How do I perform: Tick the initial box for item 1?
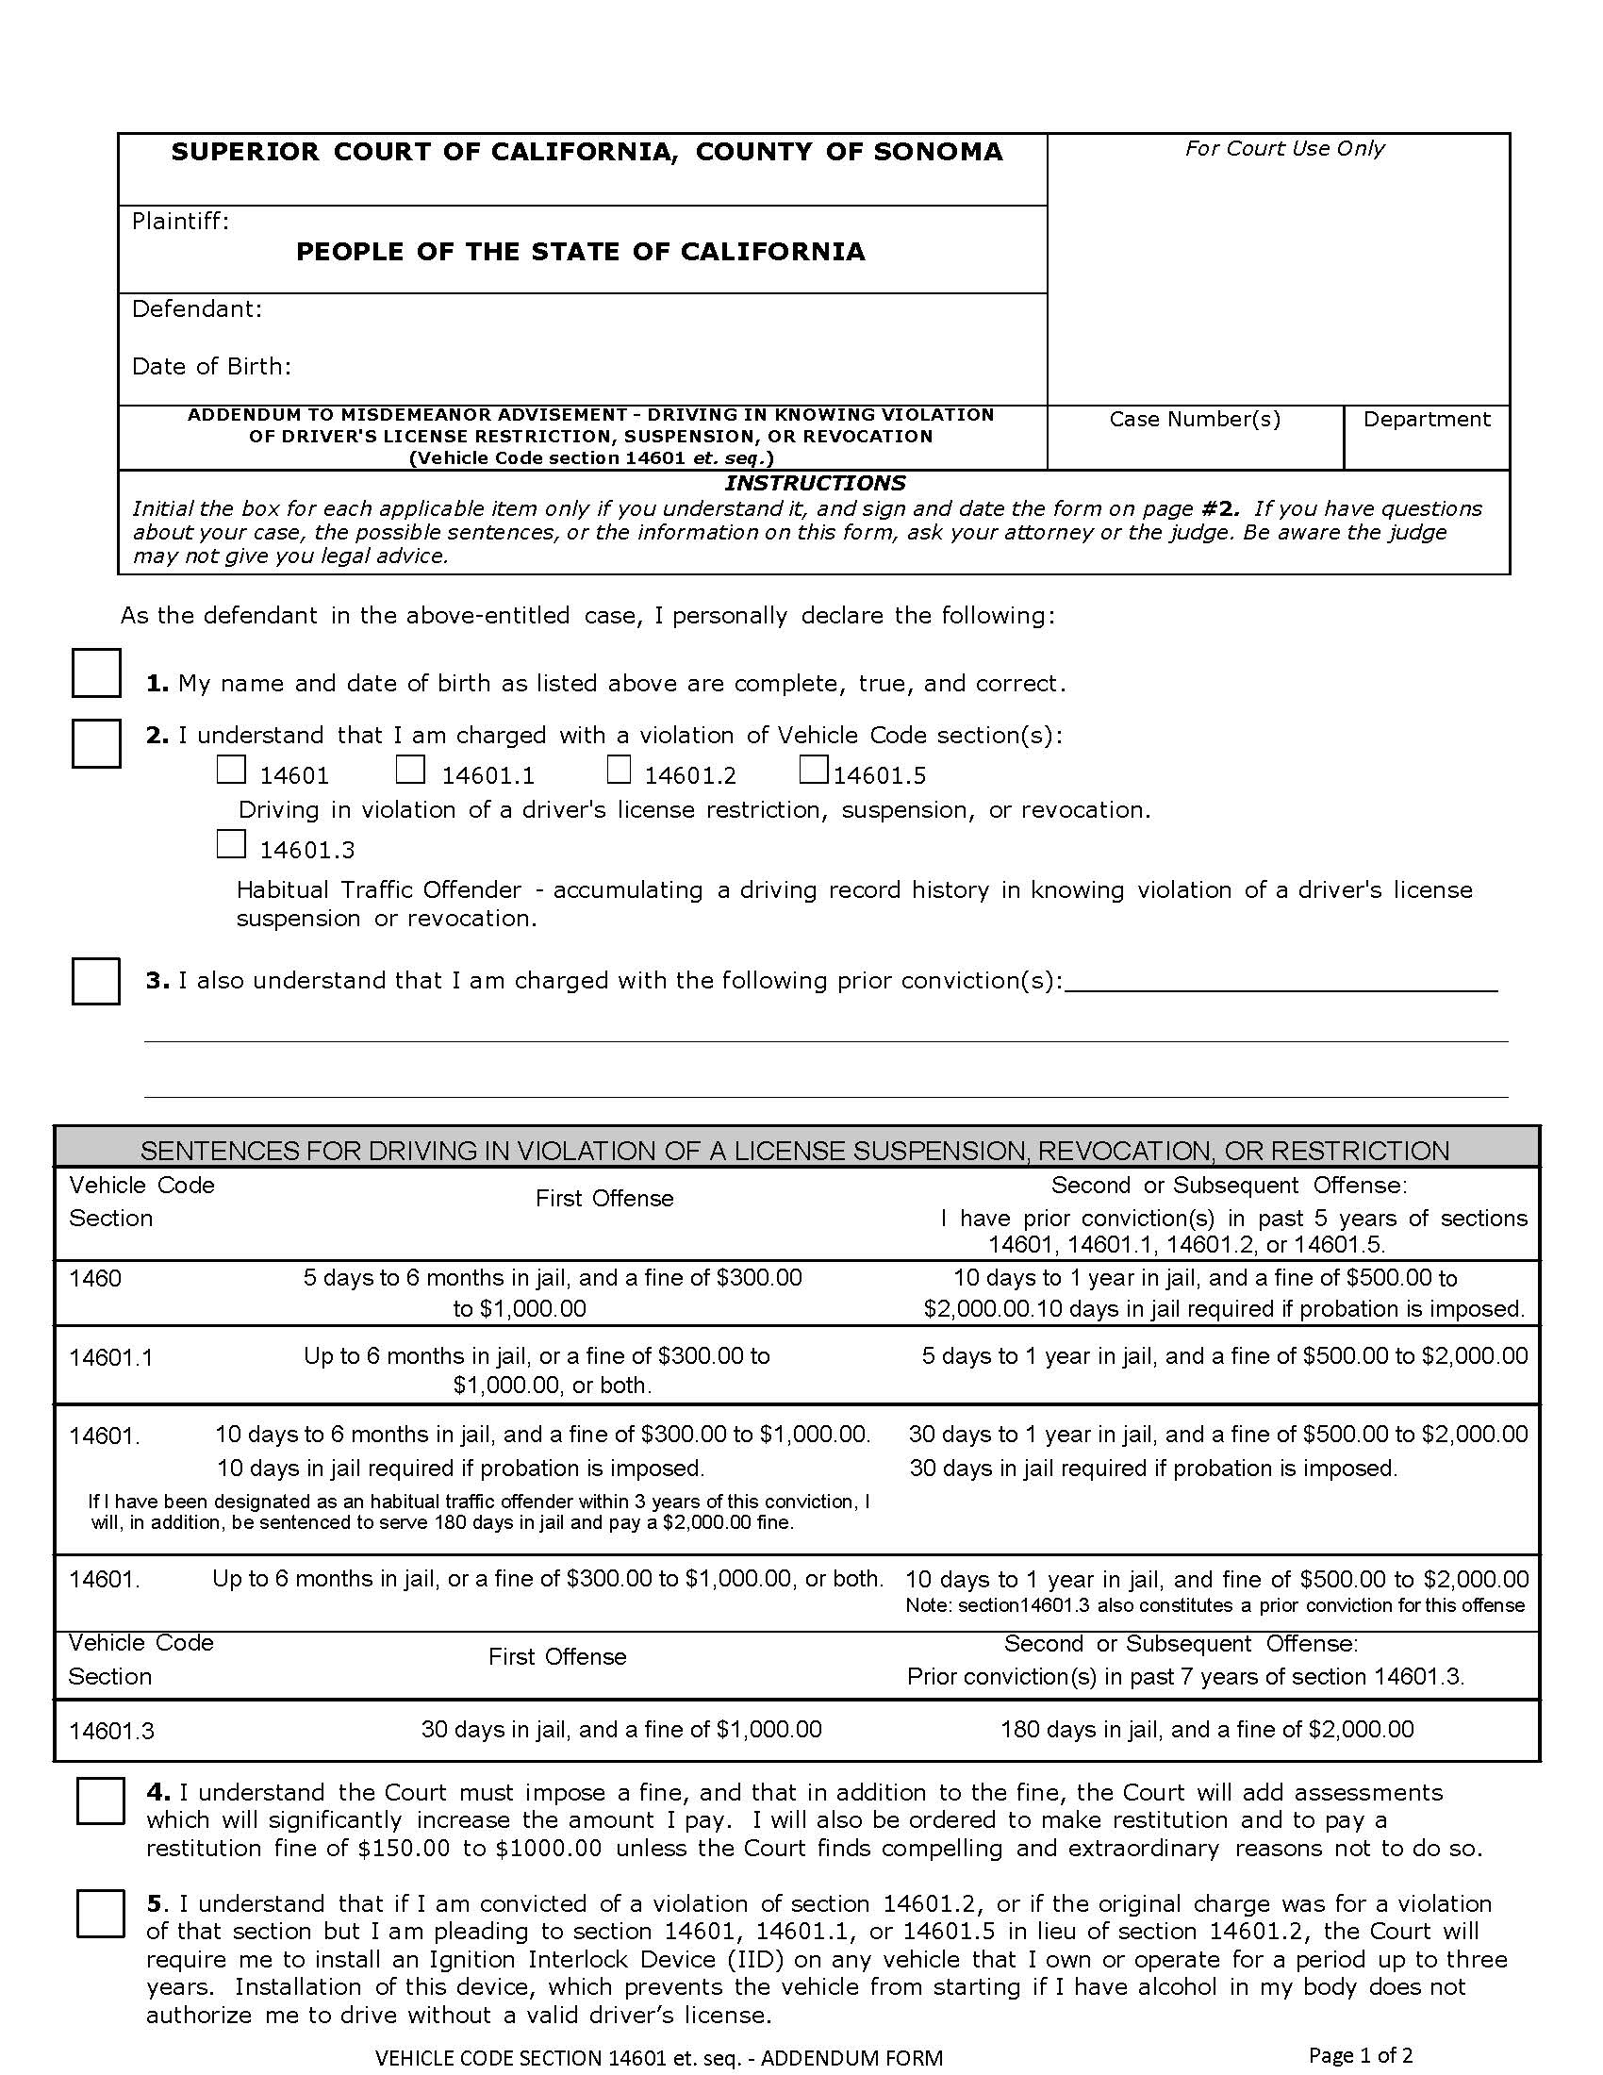[96, 673]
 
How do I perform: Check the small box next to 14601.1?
[410, 771]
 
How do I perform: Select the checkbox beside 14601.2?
[620, 771]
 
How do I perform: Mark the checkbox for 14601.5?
[814, 771]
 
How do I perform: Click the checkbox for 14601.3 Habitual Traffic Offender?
[231, 845]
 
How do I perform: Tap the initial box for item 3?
[96, 982]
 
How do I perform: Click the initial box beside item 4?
[101, 1801]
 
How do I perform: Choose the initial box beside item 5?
[101, 1914]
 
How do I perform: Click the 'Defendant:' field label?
[196, 309]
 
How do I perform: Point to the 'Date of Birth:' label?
[211, 367]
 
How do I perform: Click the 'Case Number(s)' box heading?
[1195, 420]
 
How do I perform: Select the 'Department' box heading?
[1427, 420]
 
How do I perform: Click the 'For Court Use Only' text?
[1284, 149]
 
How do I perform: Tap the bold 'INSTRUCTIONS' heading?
[815, 483]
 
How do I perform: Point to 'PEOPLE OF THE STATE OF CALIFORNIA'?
[580, 252]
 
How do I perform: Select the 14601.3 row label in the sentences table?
[111, 1731]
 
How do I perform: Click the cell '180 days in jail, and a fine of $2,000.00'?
[1206, 1729]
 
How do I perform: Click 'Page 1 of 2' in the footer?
[1360, 2055]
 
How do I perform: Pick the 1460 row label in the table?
[95, 1279]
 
